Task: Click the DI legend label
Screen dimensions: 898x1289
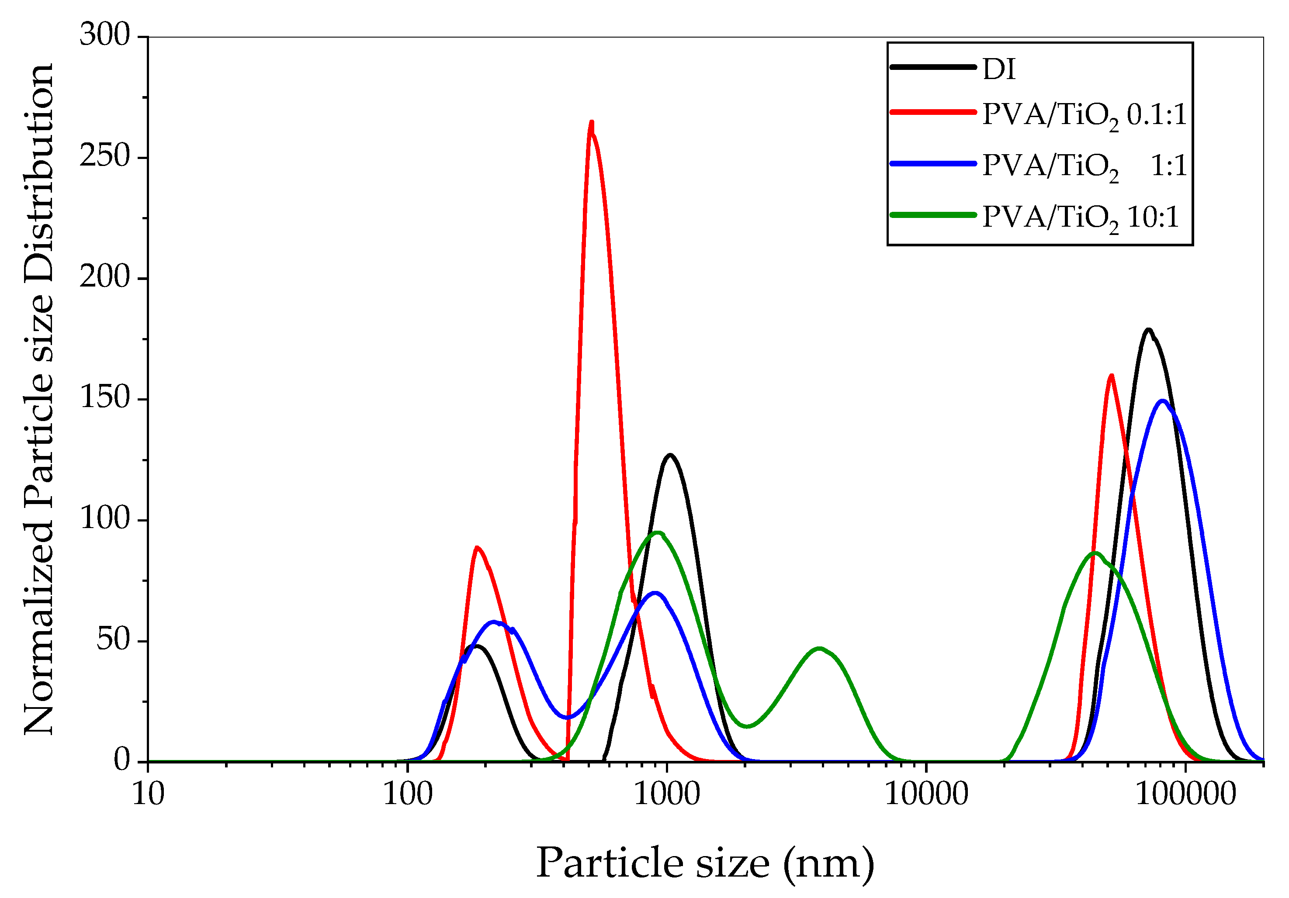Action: pyautogui.click(x=999, y=69)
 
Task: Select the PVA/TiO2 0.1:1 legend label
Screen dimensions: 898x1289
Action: pyautogui.click(x=1084, y=116)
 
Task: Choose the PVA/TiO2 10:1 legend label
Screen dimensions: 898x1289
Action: pyautogui.click(x=1080, y=218)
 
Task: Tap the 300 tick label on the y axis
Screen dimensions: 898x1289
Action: pyautogui.click(x=105, y=35)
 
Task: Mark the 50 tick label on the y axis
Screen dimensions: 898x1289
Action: pyautogui.click(x=114, y=639)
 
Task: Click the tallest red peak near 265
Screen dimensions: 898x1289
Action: pyautogui.click(x=592, y=122)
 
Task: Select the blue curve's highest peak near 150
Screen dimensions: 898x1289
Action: pyautogui.click(x=1163, y=401)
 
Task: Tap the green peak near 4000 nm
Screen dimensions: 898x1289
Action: pyautogui.click(x=820, y=649)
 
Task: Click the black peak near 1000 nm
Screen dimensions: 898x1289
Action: pyautogui.click(x=670, y=455)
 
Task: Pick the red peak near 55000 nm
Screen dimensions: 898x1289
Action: pyautogui.click(x=1112, y=376)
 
